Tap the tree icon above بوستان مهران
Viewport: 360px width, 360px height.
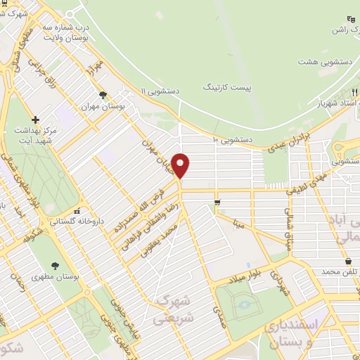click(x=103, y=95)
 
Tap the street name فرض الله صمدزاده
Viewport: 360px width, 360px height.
click(x=147, y=204)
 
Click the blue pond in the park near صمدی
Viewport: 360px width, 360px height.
click(x=245, y=304)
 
